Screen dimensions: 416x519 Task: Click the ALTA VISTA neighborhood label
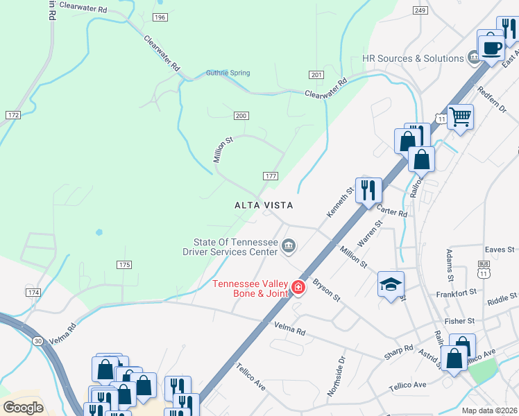(x=264, y=206)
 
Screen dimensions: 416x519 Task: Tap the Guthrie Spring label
(x=228, y=73)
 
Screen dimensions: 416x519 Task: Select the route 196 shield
(x=160, y=17)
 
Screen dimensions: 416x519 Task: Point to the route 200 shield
(x=241, y=115)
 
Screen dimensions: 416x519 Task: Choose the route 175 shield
(x=124, y=265)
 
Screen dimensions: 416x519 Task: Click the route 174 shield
(x=33, y=293)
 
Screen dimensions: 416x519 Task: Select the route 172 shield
(x=12, y=114)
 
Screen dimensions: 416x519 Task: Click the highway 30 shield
(x=37, y=340)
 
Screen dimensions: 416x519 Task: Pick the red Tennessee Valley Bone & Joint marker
(x=298, y=287)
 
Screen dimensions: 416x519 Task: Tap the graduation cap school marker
(x=391, y=284)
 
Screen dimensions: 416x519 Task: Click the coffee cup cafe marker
(x=492, y=49)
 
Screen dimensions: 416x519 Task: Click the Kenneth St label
(x=339, y=202)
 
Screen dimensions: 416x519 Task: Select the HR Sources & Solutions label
(x=413, y=59)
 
